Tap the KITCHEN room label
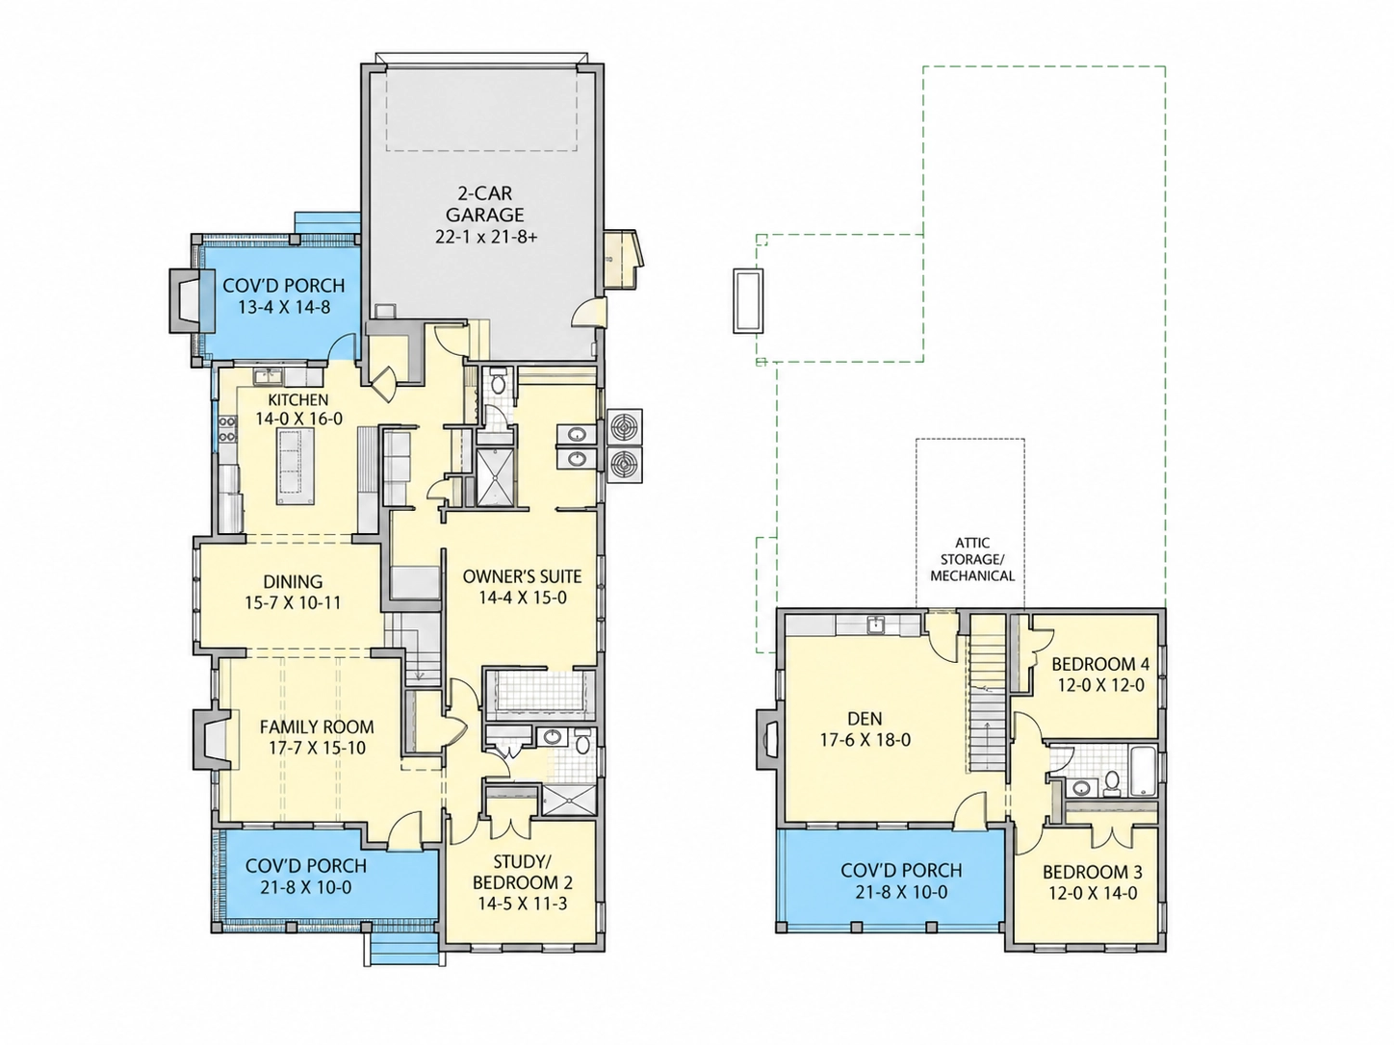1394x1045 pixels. pos(297,400)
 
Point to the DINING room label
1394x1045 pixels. pos(293,581)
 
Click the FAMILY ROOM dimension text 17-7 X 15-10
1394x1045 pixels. pos(317,748)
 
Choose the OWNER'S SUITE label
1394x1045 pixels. pos(522,576)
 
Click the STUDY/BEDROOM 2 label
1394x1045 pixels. pos(523,873)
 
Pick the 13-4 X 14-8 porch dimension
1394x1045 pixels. pos(284,308)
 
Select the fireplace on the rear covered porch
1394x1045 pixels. pos(187,301)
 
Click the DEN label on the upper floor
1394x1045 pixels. pos(865,719)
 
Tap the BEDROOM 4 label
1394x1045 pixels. pos(1100,664)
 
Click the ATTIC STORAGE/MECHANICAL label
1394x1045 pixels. pos(972,560)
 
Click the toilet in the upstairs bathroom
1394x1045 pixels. pos(1111,783)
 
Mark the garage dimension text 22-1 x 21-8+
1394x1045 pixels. pos(486,238)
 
